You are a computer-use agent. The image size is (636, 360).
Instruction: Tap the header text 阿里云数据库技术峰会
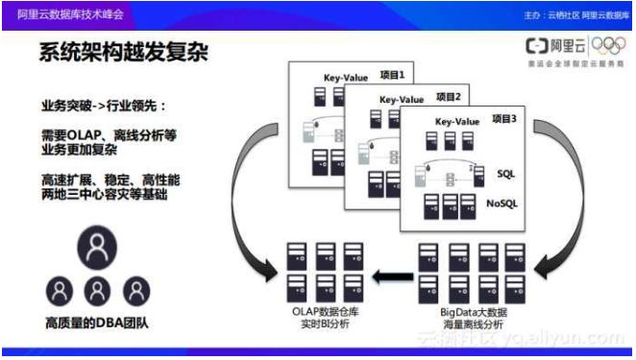(x=61, y=15)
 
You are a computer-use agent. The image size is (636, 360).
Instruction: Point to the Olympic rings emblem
(x=608, y=45)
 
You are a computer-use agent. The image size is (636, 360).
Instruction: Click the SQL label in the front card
(x=506, y=174)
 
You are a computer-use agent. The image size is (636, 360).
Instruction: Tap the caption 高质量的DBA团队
(x=96, y=320)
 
